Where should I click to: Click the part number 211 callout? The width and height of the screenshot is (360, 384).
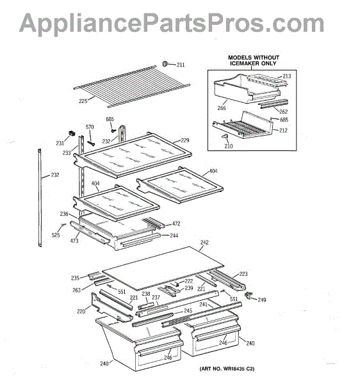click(x=181, y=65)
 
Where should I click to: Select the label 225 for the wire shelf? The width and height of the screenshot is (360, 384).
click(x=83, y=101)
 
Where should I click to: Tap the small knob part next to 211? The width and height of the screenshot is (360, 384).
click(x=165, y=63)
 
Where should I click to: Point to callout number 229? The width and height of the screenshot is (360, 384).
click(x=185, y=140)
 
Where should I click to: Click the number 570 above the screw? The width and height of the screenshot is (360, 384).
click(x=90, y=127)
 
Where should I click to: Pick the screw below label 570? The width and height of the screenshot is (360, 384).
click(x=91, y=143)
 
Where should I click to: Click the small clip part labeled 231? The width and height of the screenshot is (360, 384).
click(x=72, y=134)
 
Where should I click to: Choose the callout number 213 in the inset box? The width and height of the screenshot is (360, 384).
click(x=287, y=76)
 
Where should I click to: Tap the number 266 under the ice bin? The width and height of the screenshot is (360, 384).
click(x=222, y=108)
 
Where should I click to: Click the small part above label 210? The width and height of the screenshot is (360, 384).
click(x=225, y=136)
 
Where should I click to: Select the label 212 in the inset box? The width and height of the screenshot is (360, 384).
click(x=283, y=131)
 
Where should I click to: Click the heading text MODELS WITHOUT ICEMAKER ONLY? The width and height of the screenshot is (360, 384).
click(x=254, y=61)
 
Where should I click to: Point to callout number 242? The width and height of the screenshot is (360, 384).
click(x=204, y=242)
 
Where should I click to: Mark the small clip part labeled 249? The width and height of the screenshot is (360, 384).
click(x=249, y=295)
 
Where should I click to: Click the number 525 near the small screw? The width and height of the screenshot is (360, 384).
click(x=56, y=235)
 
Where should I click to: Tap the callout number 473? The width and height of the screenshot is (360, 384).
click(x=74, y=241)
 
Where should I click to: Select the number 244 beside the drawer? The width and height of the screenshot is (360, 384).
click(x=174, y=236)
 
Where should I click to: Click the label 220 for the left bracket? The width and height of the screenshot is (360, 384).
click(x=81, y=311)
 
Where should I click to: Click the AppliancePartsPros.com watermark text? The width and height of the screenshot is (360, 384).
click(x=172, y=23)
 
